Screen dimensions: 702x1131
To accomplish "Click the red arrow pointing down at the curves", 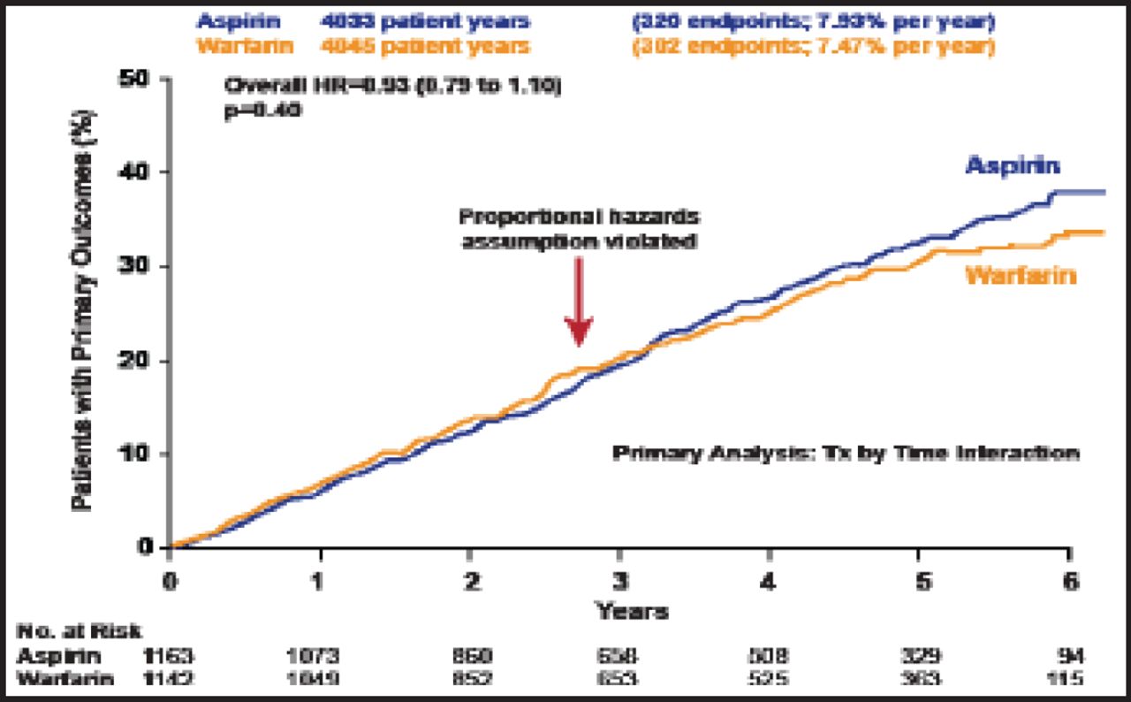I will tap(578, 301).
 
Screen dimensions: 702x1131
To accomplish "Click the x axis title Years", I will tap(632, 610).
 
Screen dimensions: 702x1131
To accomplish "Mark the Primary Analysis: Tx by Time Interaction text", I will tap(846, 453).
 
